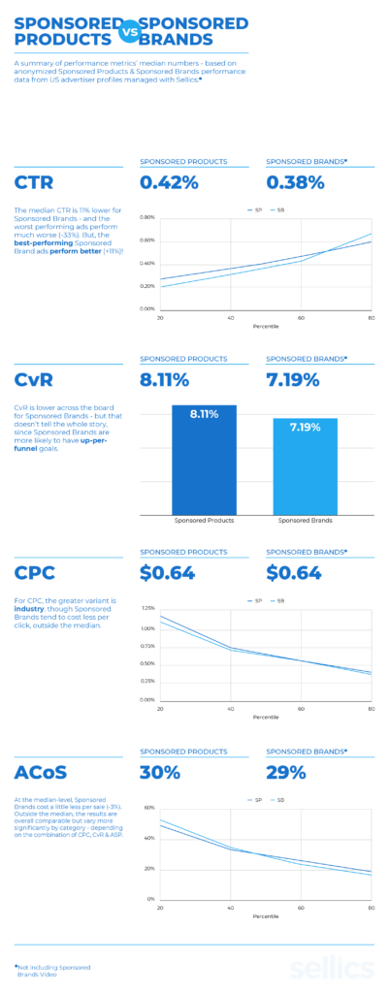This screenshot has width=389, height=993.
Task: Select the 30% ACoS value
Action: [161, 772]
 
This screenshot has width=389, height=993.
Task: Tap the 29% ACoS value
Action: [286, 772]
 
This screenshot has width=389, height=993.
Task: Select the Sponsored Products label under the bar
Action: [204, 521]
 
